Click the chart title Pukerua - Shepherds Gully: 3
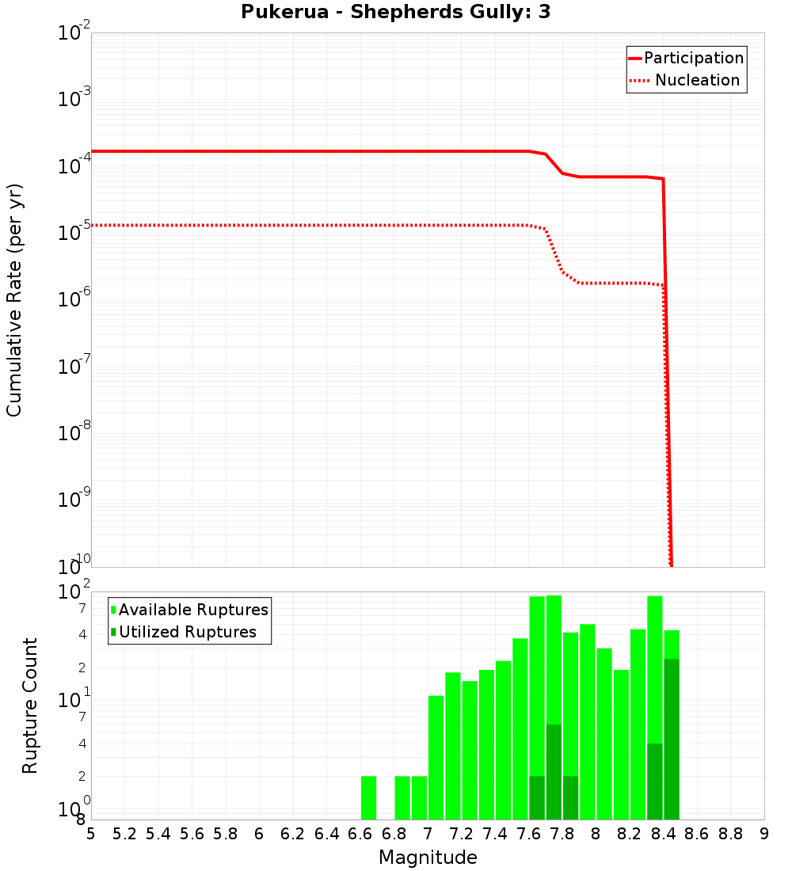[395, 13]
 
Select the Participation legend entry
[686, 58]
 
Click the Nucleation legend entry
[686, 80]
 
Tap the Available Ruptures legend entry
[189, 610]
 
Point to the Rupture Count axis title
[30, 706]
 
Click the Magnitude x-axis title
[428, 858]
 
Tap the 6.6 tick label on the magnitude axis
[360, 834]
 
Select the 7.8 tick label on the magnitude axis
[562, 834]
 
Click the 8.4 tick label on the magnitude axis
[664, 834]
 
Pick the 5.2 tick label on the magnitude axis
[125, 834]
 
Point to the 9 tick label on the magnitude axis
[764, 834]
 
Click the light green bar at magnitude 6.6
[368, 798]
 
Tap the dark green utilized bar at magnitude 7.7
[554, 772]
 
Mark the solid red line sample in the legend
[635, 58]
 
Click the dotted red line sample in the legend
[638, 80]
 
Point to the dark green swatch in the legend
[114, 632]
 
